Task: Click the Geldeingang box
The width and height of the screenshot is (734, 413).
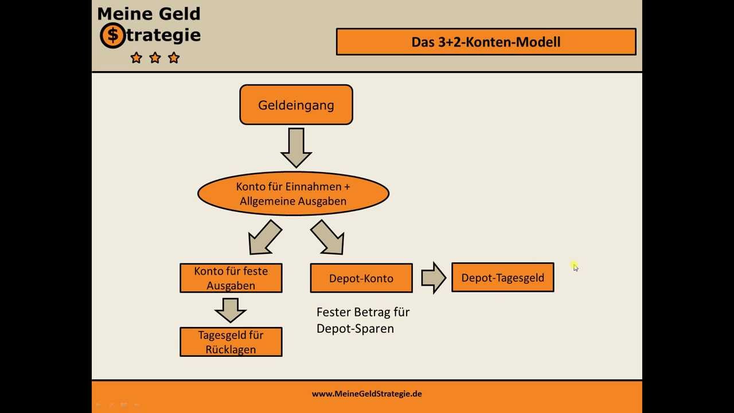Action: pos(296,105)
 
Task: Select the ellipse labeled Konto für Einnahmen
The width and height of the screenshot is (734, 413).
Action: pos(293,194)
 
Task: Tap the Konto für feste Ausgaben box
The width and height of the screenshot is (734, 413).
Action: pos(231,278)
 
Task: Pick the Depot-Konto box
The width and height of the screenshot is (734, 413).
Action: pos(361,278)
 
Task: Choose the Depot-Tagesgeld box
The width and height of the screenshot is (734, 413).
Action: pos(502,278)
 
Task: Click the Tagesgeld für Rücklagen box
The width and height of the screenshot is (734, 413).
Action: pos(231,342)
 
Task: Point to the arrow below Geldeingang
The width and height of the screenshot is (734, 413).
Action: pos(296,147)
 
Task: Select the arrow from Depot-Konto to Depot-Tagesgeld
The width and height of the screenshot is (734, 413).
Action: pos(434,278)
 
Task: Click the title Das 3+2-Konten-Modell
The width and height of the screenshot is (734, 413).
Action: pos(486,42)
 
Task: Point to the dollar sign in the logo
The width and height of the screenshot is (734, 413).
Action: pos(113,36)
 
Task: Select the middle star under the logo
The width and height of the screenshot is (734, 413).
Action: pos(155,57)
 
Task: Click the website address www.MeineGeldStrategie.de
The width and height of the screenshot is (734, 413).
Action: pos(367,393)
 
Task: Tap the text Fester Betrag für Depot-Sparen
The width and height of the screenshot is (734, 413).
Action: pos(362,320)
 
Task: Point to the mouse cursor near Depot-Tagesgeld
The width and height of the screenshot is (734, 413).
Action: pos(575,267)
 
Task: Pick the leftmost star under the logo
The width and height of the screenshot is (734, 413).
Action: pos(136,57)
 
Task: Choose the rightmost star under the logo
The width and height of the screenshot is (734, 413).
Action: pos(174,57)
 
